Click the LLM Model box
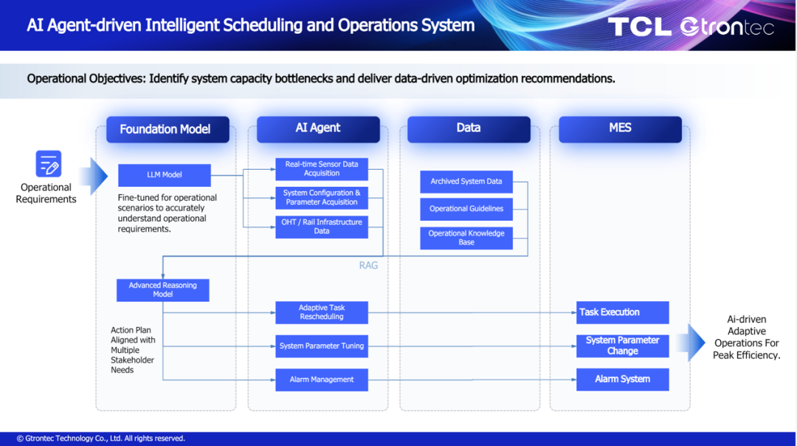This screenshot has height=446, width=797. (164, 175)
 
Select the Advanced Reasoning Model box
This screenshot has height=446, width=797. (162, 290)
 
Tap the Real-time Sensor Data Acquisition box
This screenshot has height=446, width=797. (322, 169)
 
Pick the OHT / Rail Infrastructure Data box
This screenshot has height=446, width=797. (322, 227)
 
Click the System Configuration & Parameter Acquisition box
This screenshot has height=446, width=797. (322, 198)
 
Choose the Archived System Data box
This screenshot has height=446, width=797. (466, 182)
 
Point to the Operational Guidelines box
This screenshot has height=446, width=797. (466, 209)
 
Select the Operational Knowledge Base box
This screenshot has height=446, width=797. (466, 238)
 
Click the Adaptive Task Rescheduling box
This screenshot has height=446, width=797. (322, 312)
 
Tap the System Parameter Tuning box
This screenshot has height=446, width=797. (322, 346)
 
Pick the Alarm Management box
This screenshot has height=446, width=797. (322, 380)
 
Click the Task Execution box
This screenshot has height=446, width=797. (623, 312)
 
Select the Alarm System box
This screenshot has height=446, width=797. (623, 380)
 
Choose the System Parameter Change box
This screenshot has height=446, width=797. (623, 346)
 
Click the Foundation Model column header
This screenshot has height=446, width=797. (168, 130)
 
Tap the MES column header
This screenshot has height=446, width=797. (620, 129)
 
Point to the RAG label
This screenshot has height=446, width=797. (368, 266)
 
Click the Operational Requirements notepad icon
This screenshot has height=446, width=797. (48, 164)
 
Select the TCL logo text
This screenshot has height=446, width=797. (639, 27)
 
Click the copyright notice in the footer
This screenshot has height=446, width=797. (100, 439)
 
